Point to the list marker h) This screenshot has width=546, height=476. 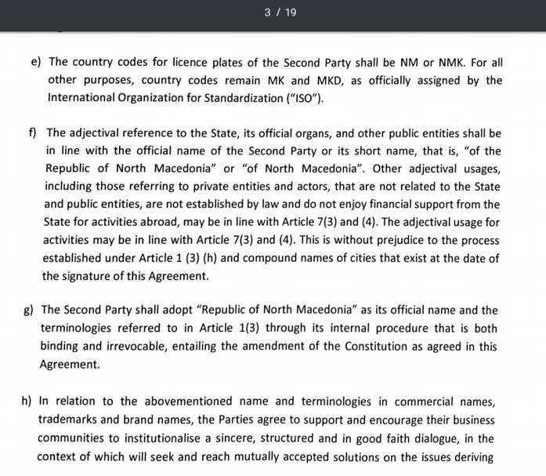pos(27,401)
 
